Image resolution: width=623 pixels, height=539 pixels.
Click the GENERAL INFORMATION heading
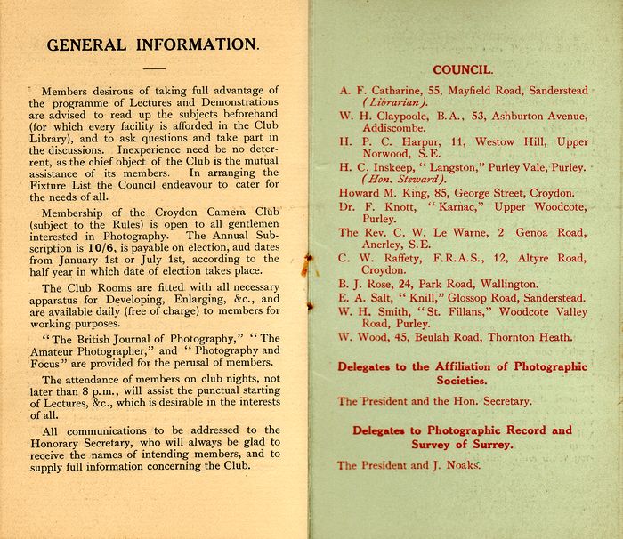153,44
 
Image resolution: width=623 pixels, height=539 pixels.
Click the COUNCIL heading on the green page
462,69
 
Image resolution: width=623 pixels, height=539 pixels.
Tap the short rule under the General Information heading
154,68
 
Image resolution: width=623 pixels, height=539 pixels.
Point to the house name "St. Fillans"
455,311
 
